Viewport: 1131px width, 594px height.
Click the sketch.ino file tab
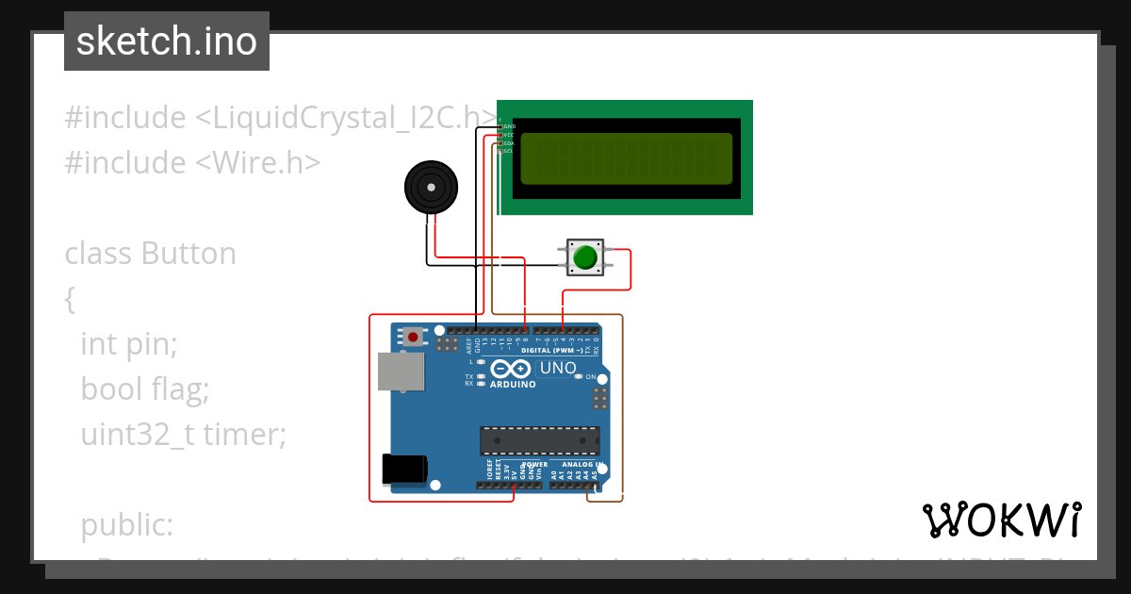click(x=167, y=41)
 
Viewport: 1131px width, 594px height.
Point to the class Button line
click(x=150, y=254)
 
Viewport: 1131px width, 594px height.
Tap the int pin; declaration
click(x=128, y=344)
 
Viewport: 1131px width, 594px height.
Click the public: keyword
click(x=126, y=525)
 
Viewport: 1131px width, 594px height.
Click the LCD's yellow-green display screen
click(x=626, y=158)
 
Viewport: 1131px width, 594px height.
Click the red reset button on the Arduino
click(x=413, y=336)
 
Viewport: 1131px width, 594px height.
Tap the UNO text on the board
click(x=556, y=368)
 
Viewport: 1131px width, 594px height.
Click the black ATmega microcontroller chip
click(x=539, y=440)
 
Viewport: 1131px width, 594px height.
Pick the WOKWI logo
click(x=1001, y=520)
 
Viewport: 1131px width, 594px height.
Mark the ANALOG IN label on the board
click(x=581, y=464)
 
